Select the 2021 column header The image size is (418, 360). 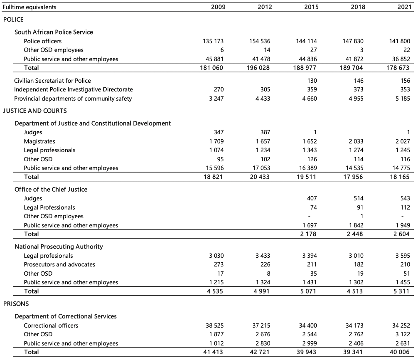[402, 7]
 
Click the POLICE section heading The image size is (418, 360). [13, 20]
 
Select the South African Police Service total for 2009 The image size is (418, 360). [211, 68]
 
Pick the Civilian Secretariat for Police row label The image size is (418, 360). [52, 81]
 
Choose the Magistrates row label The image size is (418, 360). [39, 141]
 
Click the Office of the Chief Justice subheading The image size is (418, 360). [51, 190]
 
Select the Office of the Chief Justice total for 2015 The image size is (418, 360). [308, 234]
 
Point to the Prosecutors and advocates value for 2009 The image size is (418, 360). [218, 264]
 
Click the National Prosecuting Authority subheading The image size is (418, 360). [59, 247]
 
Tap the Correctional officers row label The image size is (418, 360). [51, 325]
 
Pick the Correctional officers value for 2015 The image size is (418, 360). [307, 325]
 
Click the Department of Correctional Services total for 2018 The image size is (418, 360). [354, 352]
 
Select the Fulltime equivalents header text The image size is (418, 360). [30, 7]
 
